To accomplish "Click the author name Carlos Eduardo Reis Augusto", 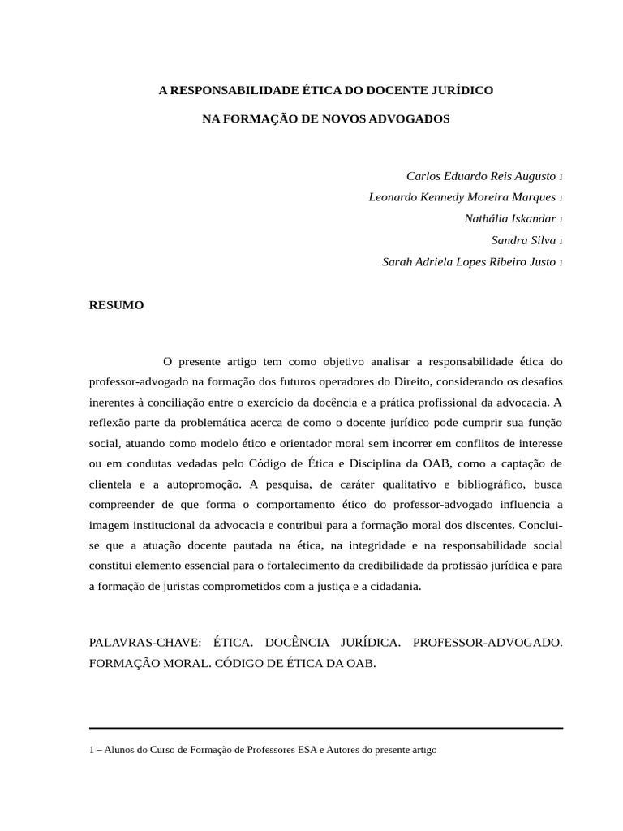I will pyautogui.click(x=481, y=176).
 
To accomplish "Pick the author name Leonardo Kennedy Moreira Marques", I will pyautogui.click(x=462, y=197).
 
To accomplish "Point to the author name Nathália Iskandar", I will pyautogui.click(x=510, y=219).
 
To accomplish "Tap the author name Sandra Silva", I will pyautogui.click(x=523, y=240).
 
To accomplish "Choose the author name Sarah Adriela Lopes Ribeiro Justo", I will pyautogui.click(x=469, y=262).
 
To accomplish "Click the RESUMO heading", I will pyautogui.click(x=116, y=305).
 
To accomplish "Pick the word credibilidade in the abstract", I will pyautogui.click(x=382, y=566).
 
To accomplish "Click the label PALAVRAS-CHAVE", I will pyautogui.click(x=144, y=643).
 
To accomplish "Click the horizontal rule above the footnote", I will pyautogui.click(x=325, y=728).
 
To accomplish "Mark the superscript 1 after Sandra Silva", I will pyautogui.click(x=561, y=242).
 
